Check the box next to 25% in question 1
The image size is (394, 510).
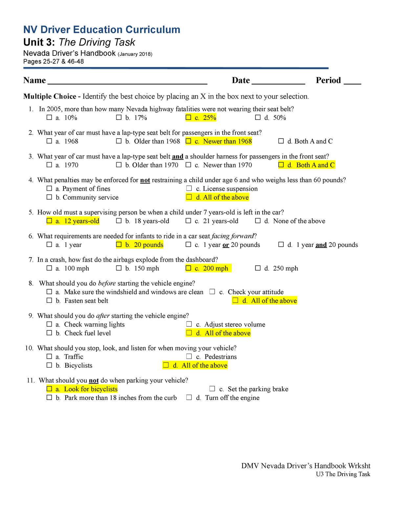point(188,117)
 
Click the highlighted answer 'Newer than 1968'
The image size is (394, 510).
point(227,141)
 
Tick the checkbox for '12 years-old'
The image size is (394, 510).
point(49,221)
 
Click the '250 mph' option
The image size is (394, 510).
point(285,268)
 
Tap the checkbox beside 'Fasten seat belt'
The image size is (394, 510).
point(49,300)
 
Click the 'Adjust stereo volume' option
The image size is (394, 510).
point(234,324)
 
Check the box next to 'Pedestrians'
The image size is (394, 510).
point(189,356)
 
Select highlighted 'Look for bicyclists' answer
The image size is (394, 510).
point(91,389)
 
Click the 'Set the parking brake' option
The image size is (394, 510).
point(258,389)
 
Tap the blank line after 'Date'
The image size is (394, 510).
point(278,81)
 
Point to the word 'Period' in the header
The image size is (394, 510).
point(328,80)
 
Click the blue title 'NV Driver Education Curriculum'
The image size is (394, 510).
point(102,30)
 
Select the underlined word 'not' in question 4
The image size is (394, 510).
point(145,180)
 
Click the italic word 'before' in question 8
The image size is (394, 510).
point(107,283)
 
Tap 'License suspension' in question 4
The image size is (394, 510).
point(230,189)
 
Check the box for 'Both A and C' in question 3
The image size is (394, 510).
point(281,165)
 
